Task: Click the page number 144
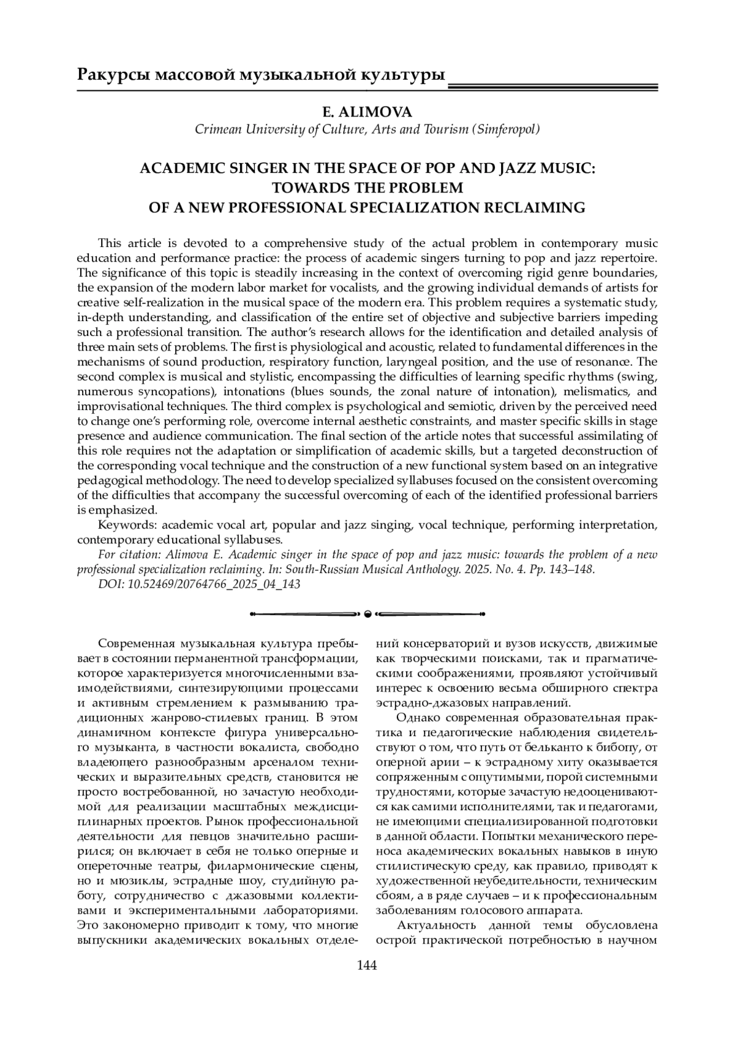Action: pyautogui.click(x=367, y=966)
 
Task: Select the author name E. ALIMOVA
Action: pyautogui.click(x=367, y=112)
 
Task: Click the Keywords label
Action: pyautogui.click(x=121, y=525)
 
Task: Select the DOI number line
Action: pyautogui.click(x=199, y=584)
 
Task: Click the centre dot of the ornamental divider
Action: pyautogui.click(x=367, y=613)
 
